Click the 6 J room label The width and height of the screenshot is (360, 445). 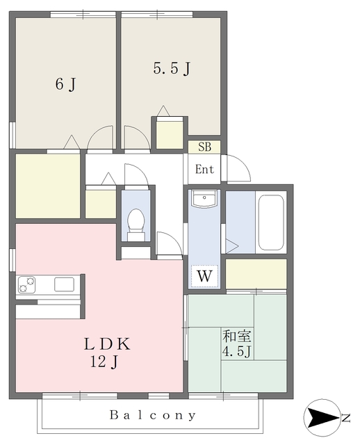[x=65, y=85]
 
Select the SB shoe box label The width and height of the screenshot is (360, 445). [x=204, y=147]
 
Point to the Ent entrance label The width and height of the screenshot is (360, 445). [x=204, y=170]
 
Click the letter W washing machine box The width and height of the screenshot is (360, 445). [x=204, y=276]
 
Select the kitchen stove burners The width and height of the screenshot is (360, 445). [x=28, y=284]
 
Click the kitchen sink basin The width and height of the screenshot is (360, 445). [x=64, y=284]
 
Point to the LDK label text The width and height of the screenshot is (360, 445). [x=108, y=343]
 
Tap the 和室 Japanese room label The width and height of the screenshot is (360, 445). [x=234, y=336]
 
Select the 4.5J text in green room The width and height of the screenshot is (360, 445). [x=236, y=351]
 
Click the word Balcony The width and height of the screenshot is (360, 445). [x=153, y=415]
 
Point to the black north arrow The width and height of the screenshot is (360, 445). [x=321, y=418]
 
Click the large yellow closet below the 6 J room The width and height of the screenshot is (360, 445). [x=47, y=186]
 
